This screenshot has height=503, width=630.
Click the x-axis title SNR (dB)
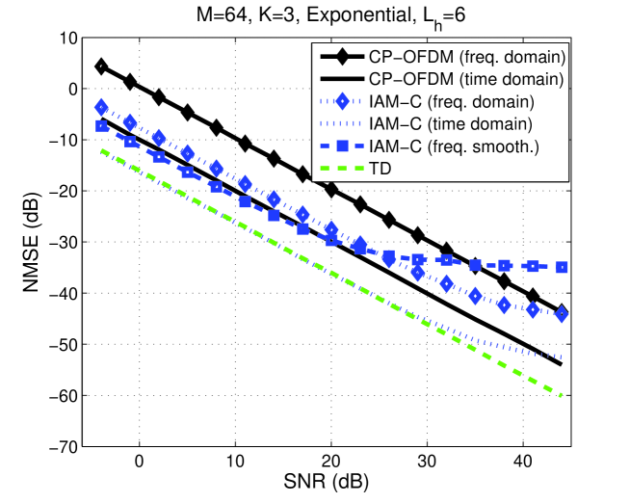pyautogui.click(x=330, y=480)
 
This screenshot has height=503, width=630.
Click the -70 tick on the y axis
pyautogui.click(x=66, y=446)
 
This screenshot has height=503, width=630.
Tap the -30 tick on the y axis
pyautogui.click(x=66, y=242)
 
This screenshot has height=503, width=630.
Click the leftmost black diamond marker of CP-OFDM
pyautogui.click(x=101, y=66)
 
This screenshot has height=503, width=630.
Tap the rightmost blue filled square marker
pyautogui.click(x=562, y=267)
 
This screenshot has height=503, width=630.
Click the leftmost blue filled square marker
pyautogui.click(x=101, y=126)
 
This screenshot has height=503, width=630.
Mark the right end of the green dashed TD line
pyautogui.click(x=562, y=395)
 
